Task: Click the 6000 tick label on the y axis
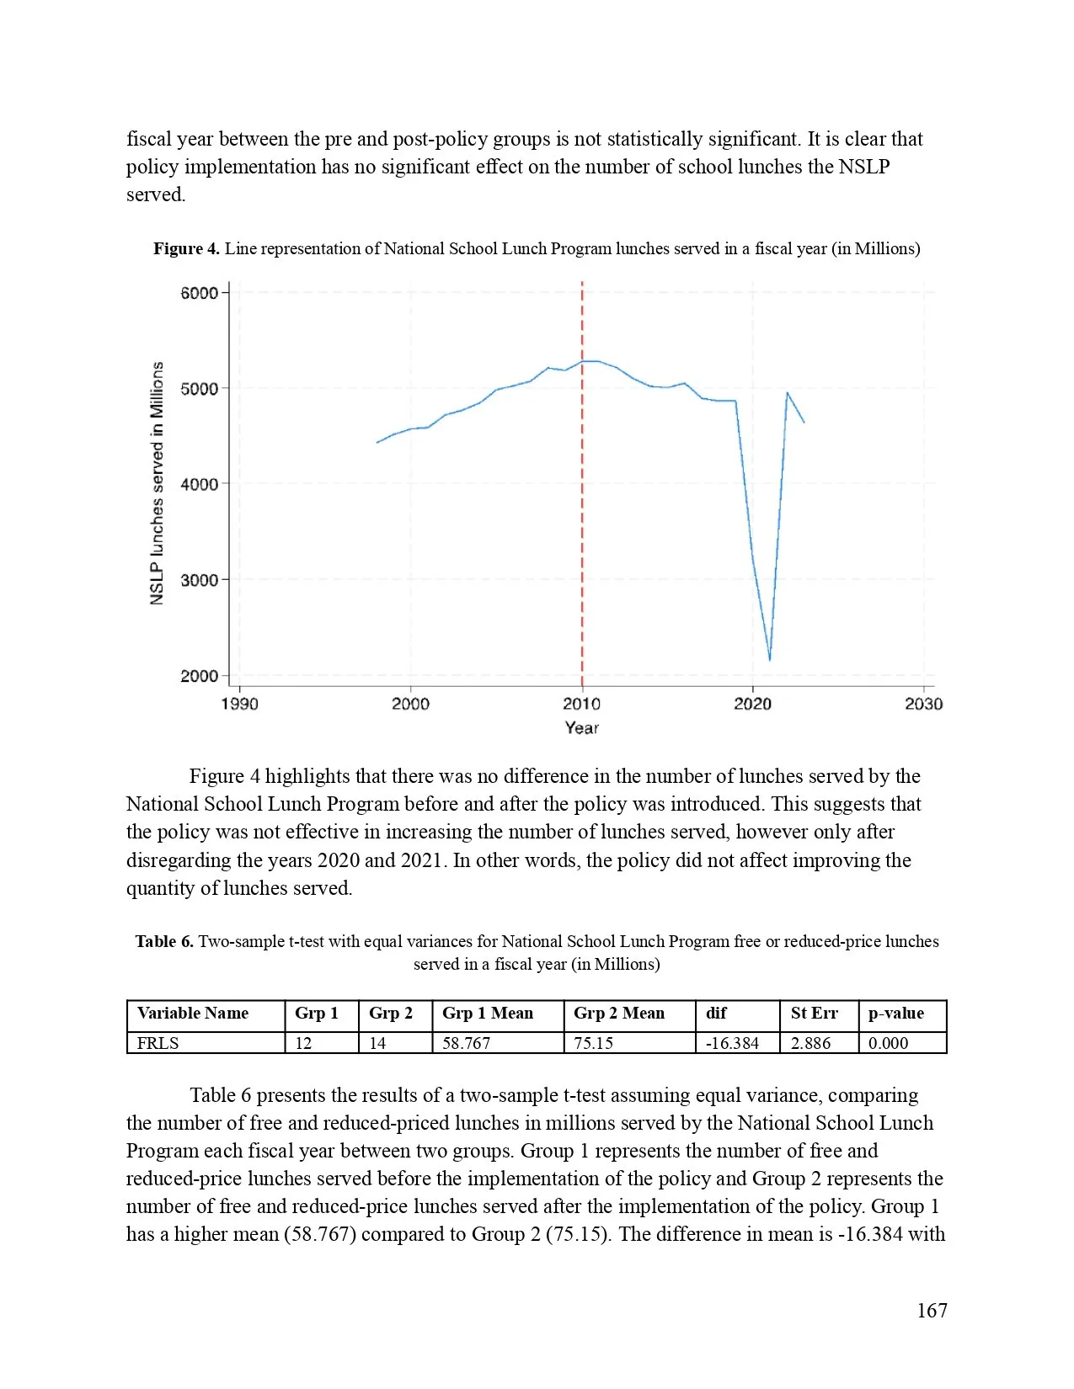click(199, 293)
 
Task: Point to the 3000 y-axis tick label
click(199, 580)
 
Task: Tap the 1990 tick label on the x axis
click(239, 704)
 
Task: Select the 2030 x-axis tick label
click(923, 704)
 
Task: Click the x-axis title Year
click(581, 728)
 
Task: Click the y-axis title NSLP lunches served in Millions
click(158, 483)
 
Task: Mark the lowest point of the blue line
click(769, 660)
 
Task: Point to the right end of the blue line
click(804, 422)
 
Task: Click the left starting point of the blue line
click(377, 442)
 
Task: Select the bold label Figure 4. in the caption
click(186, 249)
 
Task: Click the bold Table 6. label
click(164, 941)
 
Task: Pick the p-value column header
click(896, 1014)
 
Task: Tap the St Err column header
click(814, 1014)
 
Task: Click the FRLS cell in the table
click(158, 1043)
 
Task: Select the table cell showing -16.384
click(732, 1043)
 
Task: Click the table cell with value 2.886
click(810, 1043)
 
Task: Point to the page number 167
click(932, 1311)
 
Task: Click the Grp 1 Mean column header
click(488, 1014)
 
